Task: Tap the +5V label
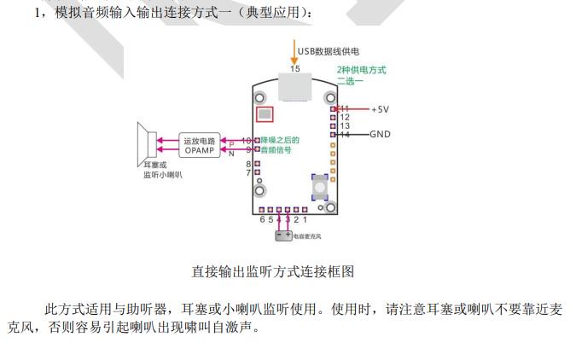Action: [380, 109]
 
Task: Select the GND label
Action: [380, 134]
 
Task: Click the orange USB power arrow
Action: [295, 49]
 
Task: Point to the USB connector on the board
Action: [296, 85]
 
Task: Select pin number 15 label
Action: [295, 68]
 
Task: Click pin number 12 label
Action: [345, 117]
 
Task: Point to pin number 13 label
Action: [345, 125]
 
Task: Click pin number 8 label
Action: [248, 163]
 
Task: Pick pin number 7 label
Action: [248, 172]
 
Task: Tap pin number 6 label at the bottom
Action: [262, 219]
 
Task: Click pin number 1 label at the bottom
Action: [306, 219]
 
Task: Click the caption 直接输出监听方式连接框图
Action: [273, 272]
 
